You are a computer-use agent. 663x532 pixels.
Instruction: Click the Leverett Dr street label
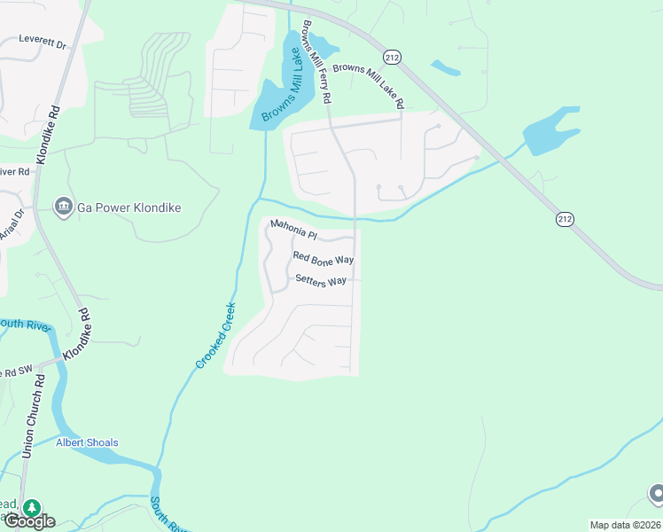43,40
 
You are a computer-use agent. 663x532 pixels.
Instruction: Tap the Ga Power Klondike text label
129,207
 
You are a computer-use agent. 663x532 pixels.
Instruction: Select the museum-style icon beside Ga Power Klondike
63,207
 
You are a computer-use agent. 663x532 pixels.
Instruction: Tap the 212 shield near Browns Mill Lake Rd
394,57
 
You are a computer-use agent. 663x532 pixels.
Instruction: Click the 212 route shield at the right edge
564,218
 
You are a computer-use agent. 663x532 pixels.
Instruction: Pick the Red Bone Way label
324,258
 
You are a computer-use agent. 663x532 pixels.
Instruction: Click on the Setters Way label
321,280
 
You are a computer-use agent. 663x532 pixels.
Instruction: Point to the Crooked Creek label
215,336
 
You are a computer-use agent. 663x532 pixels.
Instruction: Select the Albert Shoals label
87,442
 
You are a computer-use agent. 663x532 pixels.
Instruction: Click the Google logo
28,521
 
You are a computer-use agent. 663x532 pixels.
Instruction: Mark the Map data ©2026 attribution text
624,525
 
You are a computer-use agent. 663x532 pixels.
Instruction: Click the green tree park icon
32,507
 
